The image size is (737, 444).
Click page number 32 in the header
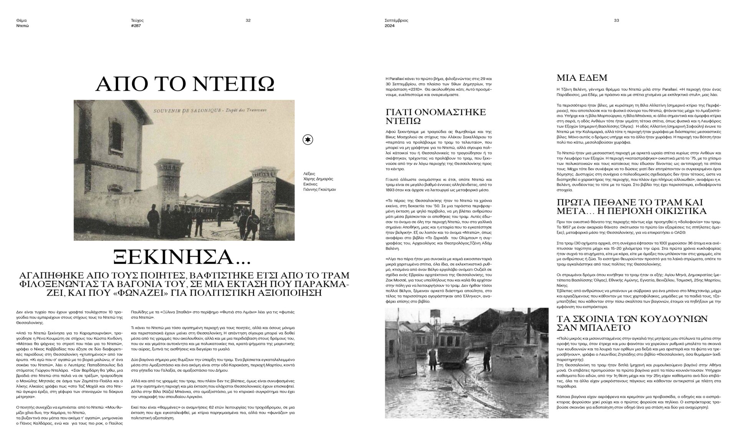click(248, 20)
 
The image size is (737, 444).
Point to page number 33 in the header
click(616, 20)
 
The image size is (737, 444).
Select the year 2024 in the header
click(390, 26)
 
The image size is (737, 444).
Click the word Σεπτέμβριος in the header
click(396, 20)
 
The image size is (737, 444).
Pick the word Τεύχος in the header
click(137, 20)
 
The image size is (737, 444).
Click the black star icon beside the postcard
click(307, 140)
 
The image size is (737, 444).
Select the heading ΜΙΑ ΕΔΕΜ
click(582, 78)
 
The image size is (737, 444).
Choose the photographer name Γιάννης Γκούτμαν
click(319, 189)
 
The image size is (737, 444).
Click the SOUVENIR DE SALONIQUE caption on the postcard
click(184, 111)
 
